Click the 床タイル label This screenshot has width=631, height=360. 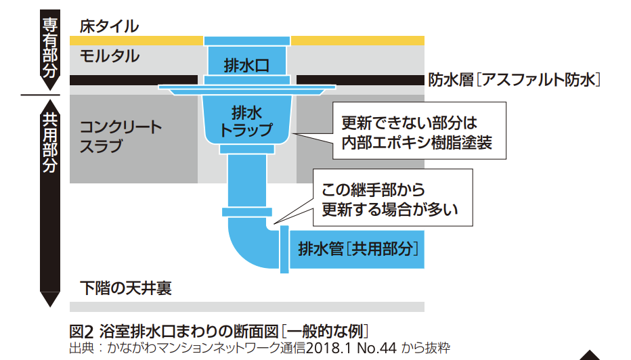(x=109, y=26)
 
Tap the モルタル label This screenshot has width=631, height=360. (x=109, y=56)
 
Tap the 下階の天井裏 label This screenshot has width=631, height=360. (x=125, y=288)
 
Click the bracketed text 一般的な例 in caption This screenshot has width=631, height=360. (x=326, y=332)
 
